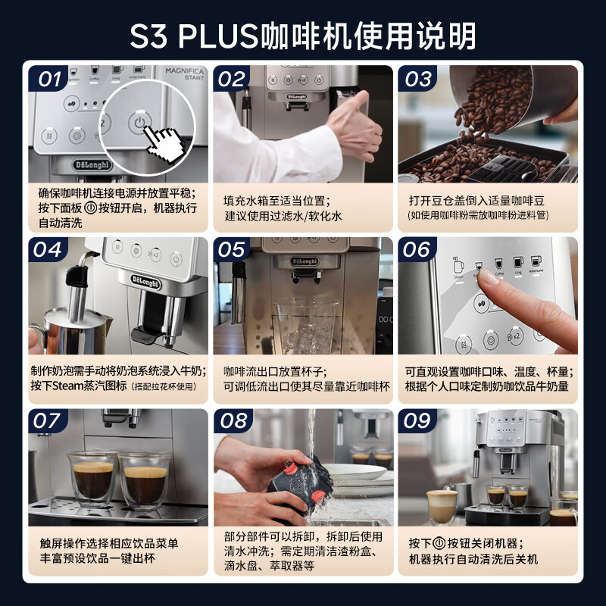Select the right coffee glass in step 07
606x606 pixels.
point(145,480)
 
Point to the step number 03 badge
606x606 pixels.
point(419,79)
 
